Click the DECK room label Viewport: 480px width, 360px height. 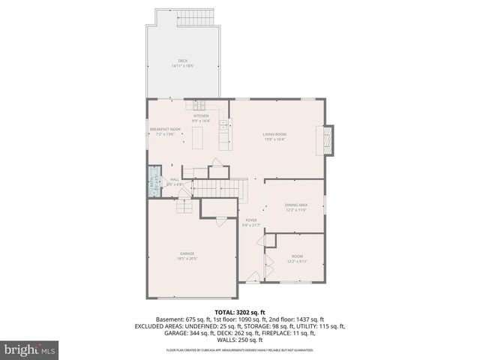click(182, 60)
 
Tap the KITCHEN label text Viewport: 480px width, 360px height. click(201, 116)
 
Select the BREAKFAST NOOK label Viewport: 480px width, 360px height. click(165, 129)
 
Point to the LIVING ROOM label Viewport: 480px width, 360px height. click(274, 134)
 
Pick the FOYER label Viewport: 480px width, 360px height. click(251, 220)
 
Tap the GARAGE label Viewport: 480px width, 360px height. click(187, 253)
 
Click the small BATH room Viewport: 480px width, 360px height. click(154, 181)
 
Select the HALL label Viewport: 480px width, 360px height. click(174, 179)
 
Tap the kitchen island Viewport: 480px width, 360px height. click(198, 139)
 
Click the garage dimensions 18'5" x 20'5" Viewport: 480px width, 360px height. click(187, 258)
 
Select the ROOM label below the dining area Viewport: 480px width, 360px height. click(296, 258)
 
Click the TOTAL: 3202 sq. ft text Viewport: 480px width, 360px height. click(239, 312)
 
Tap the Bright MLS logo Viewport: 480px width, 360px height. click(29, 350)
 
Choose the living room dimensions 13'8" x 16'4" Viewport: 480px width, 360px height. click(274, 139)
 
